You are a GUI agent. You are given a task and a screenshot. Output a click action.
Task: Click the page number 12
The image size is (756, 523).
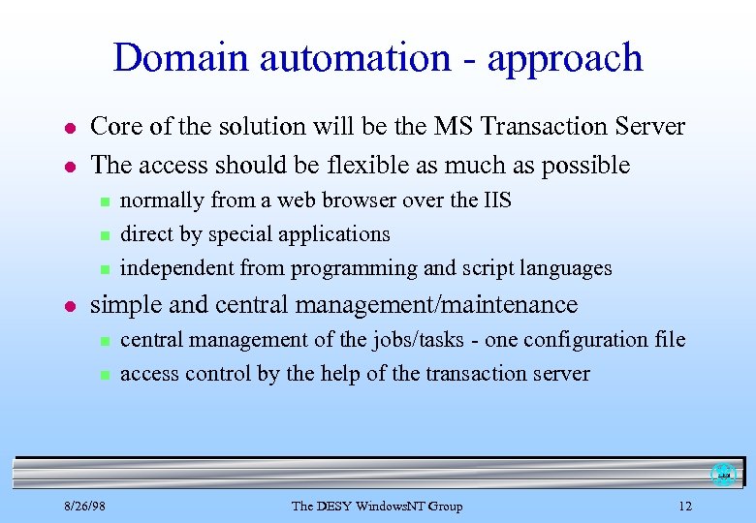(x=685, y=506)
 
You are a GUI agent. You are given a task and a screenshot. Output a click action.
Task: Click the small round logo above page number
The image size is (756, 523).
(x=723, y=475)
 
